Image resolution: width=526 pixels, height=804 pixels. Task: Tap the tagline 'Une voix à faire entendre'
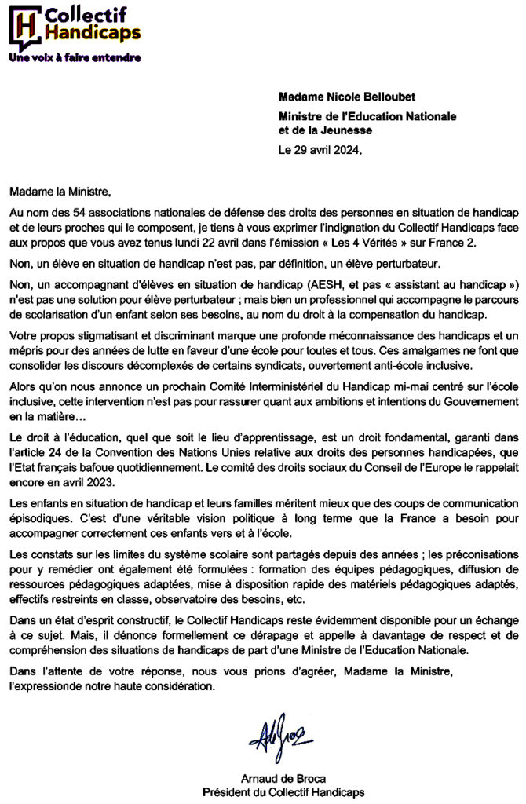click(75, 57)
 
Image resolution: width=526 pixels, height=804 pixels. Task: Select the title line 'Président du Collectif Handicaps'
click(283, 792)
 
